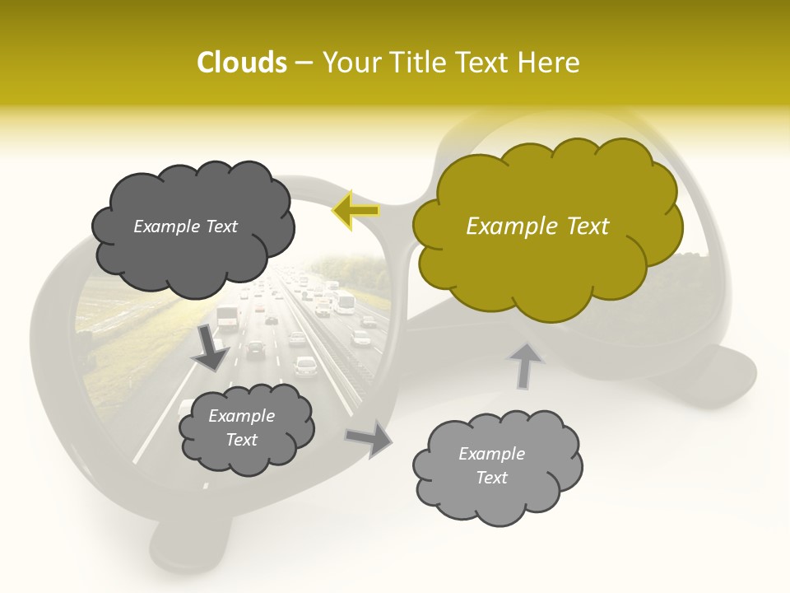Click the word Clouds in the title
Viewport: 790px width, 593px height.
242,63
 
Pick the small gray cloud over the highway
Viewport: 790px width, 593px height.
244,428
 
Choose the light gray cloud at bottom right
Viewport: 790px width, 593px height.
496,466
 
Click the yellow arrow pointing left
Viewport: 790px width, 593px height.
356,211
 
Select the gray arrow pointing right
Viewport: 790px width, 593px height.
369,438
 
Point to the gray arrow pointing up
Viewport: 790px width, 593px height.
526,365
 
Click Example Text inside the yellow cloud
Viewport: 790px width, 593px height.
537,226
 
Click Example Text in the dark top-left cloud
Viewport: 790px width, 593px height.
185,226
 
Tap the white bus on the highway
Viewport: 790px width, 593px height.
346,303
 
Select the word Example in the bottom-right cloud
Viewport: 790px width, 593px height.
491,454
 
